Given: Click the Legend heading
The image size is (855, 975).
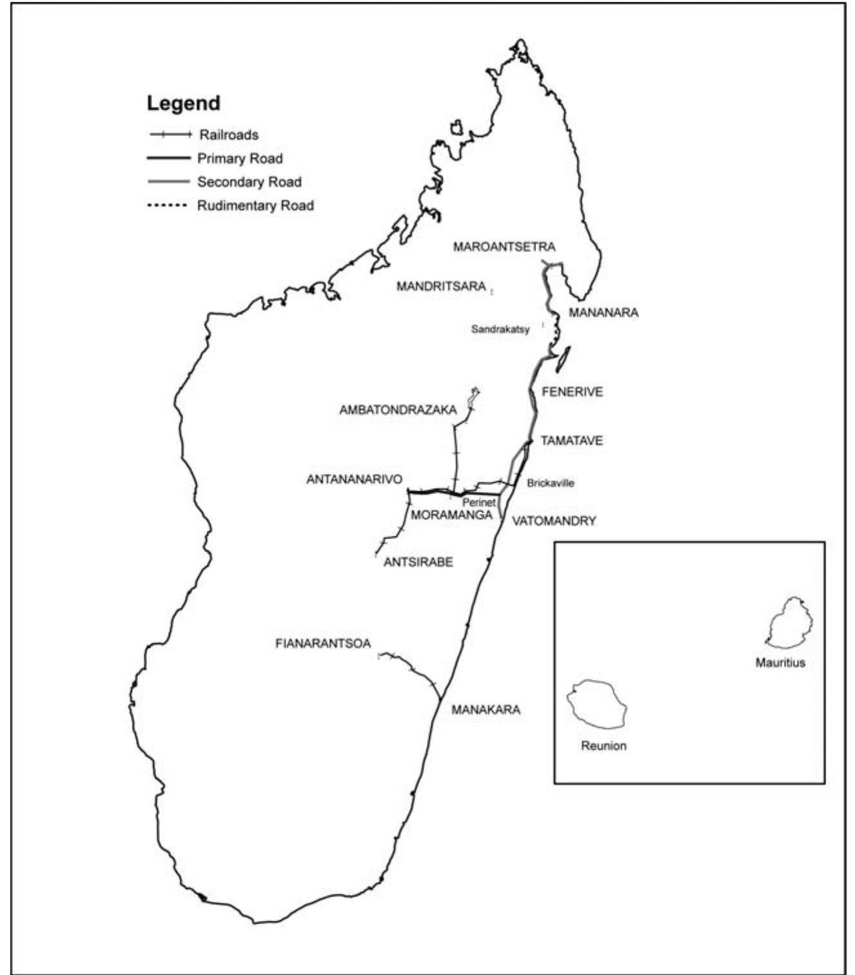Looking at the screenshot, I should (183, 103).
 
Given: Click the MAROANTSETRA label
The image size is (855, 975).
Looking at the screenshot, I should (504, 247).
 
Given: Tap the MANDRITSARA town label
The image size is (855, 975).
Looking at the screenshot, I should (441, 286).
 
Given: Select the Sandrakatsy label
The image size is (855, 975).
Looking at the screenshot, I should (500, 330).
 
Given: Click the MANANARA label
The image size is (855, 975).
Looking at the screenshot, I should (603, 313).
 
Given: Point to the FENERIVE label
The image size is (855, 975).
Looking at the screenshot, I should (572, 392).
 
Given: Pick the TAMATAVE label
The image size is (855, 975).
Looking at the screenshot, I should (571, 441).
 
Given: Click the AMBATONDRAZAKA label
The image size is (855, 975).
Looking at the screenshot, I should (398, 410).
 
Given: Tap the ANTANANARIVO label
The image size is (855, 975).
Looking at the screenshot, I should (354, 480).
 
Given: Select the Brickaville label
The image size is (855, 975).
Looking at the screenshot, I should (550, 483).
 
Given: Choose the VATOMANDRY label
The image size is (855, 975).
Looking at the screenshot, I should (554, 521).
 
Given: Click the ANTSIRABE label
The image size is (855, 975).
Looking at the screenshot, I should (418, 562).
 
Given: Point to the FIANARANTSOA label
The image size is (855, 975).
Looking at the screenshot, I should (323, 644).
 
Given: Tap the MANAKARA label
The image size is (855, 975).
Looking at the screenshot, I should (486, 710).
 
